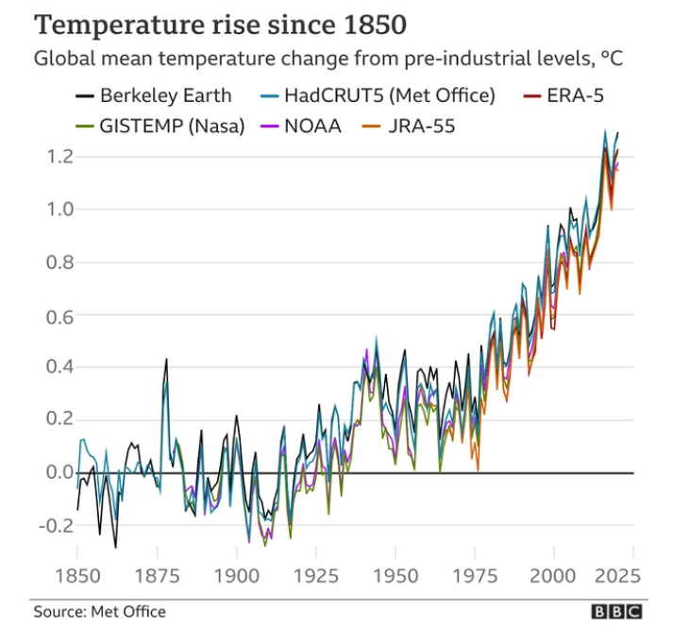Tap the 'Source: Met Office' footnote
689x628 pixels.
100,612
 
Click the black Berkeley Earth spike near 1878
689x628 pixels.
166,360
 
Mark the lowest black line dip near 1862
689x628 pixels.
115,546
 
